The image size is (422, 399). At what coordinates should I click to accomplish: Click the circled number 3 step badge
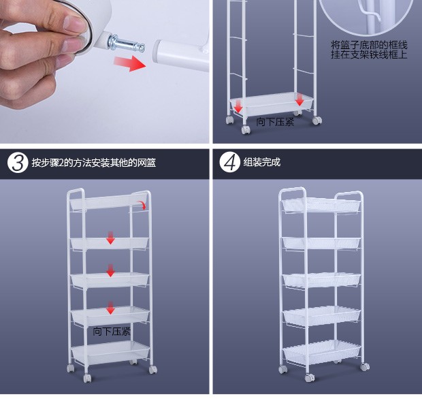pos(18,163)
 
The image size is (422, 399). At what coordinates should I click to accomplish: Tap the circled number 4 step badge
pos(229,162)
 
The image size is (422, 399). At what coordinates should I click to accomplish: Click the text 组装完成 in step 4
pos(262,162)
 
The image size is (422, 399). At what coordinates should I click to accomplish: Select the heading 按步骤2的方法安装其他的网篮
pos(94,163)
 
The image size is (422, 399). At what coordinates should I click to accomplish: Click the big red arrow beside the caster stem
pos(130,63)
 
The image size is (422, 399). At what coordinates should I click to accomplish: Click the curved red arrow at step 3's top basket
pos(142,205)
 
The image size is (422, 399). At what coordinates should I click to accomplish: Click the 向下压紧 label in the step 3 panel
pos(112,332)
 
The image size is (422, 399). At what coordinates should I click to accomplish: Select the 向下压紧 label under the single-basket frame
pos(275,122)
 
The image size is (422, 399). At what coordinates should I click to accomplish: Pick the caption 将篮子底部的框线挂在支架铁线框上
pos(369,50)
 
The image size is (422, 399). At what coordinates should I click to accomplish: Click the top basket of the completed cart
pos(321,205)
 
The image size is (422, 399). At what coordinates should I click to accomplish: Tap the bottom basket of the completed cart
pos(322,351)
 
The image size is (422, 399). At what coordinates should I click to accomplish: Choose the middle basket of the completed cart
pos(322,280)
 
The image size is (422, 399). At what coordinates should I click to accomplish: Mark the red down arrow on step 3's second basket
pos(110,238)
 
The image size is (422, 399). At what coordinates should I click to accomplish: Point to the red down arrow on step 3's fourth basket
pos(110,308)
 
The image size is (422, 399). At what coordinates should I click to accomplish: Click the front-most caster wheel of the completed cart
pos(310,377)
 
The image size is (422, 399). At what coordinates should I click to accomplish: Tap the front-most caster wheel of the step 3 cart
pos(87,378)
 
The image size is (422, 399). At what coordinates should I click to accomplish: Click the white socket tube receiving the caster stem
pos(181,55)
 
